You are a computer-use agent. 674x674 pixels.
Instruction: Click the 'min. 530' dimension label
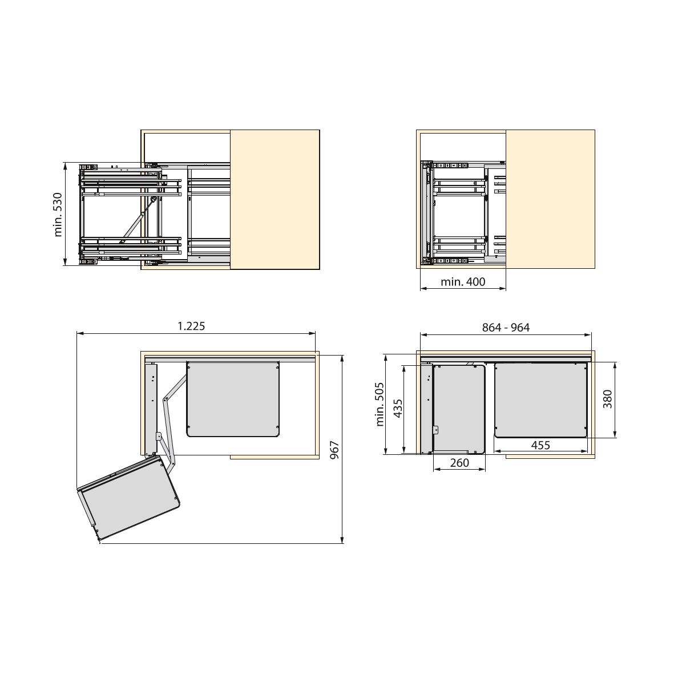pos(58,215)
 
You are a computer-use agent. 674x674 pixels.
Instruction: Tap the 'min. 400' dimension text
pos(463,282)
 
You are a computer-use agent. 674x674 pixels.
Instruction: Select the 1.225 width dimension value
pos(191,326)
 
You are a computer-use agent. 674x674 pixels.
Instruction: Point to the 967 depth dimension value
pos(335,450)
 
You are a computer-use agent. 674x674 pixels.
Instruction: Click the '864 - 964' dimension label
pos(506,328)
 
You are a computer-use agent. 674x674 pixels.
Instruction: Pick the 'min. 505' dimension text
pos(380,404)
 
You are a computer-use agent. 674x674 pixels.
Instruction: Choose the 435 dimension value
pos(398,409)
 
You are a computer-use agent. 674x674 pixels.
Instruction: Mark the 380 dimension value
pos(607,399)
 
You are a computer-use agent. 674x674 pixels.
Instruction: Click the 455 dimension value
pos(540,445)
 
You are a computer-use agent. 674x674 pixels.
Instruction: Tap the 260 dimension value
pos(459,463)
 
